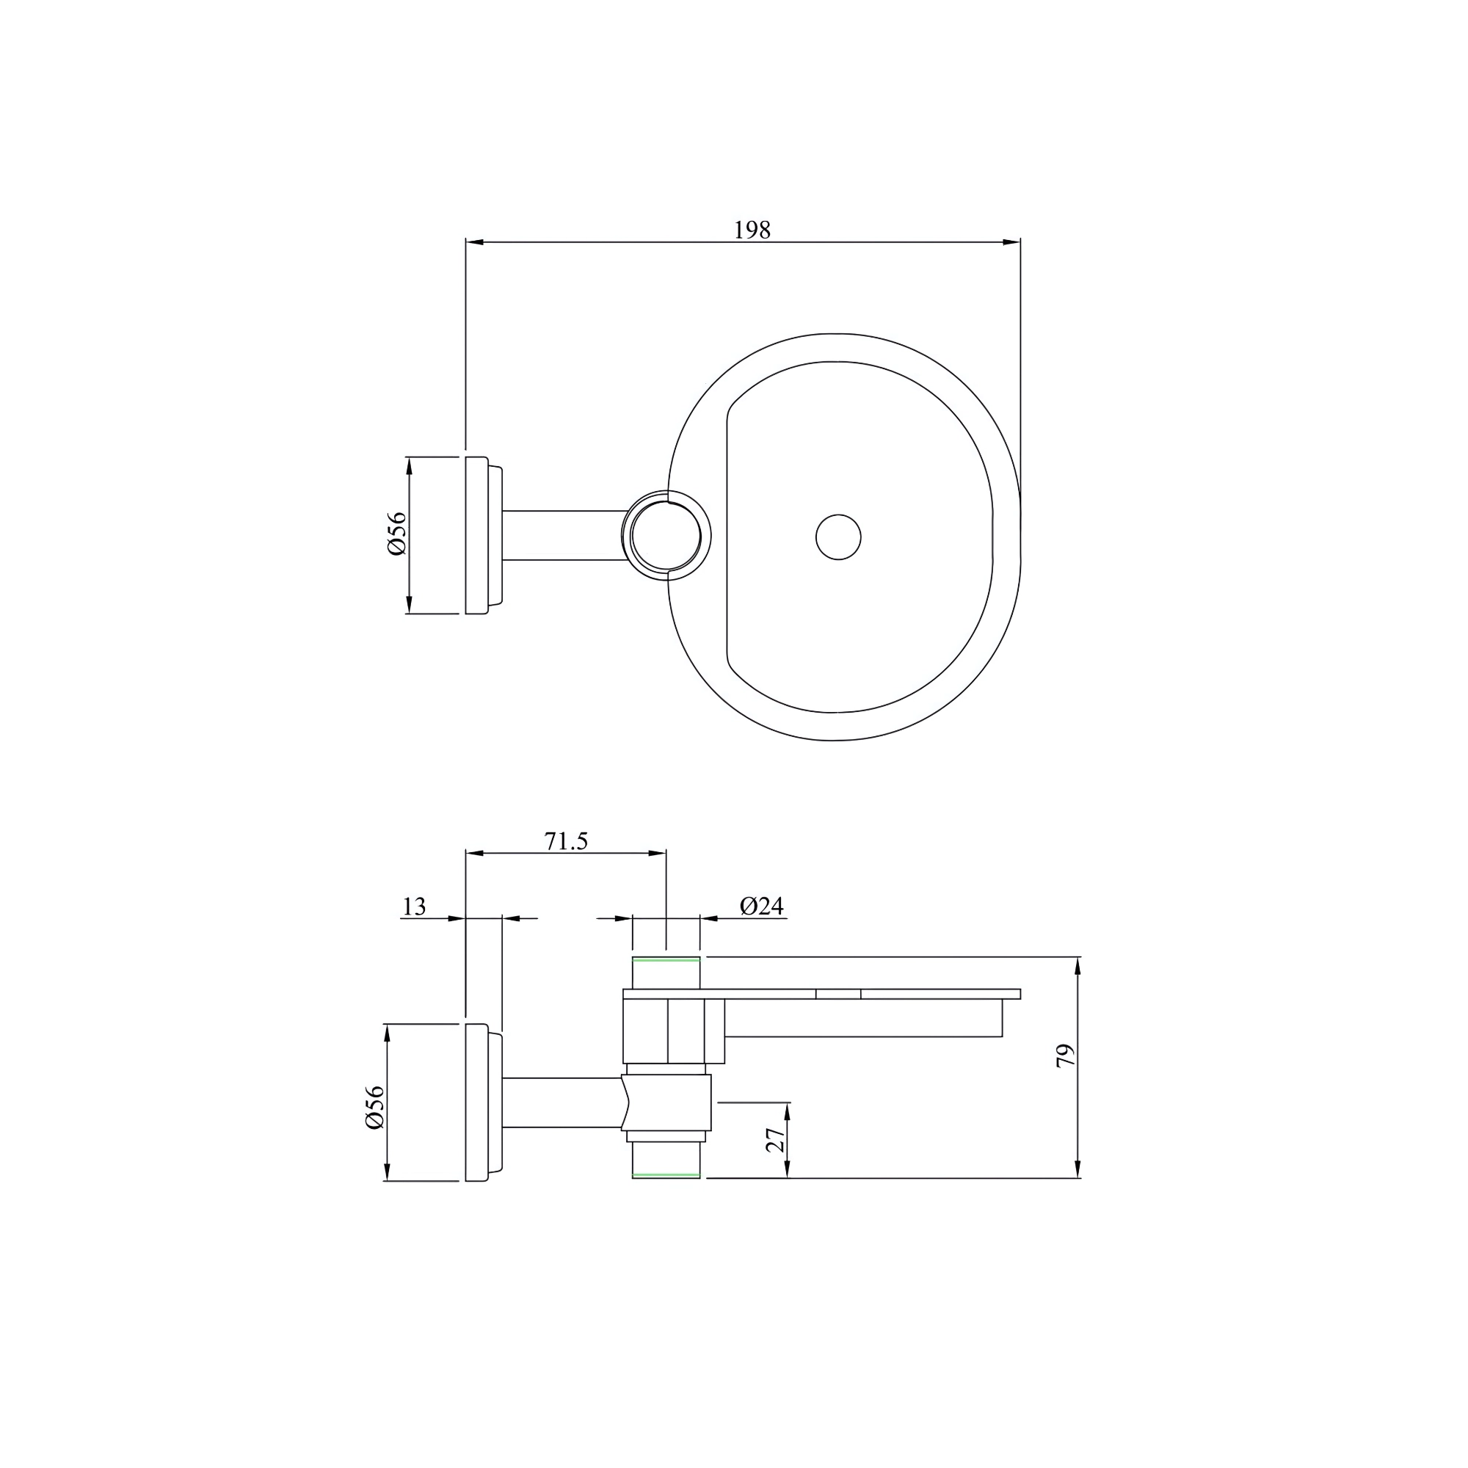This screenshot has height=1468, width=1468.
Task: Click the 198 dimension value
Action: (752, 230)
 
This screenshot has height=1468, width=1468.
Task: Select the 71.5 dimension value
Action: (566, 842)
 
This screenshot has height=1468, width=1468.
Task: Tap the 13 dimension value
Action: (414, 906)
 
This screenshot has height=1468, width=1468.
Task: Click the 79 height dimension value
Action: (1066, 1056)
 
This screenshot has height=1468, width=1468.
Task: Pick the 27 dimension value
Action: (775, 1141)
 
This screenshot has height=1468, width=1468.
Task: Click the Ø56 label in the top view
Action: (397, 534)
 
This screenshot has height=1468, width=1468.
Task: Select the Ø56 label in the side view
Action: (375, 1107)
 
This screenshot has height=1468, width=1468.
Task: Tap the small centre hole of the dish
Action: (838, 537)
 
